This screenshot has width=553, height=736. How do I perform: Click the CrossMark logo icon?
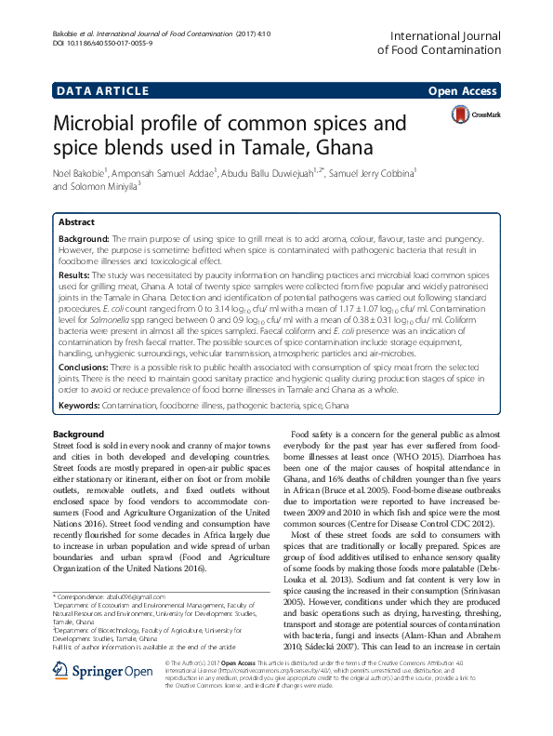[461, 114]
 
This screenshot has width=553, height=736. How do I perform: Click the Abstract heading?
[75, 224]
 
